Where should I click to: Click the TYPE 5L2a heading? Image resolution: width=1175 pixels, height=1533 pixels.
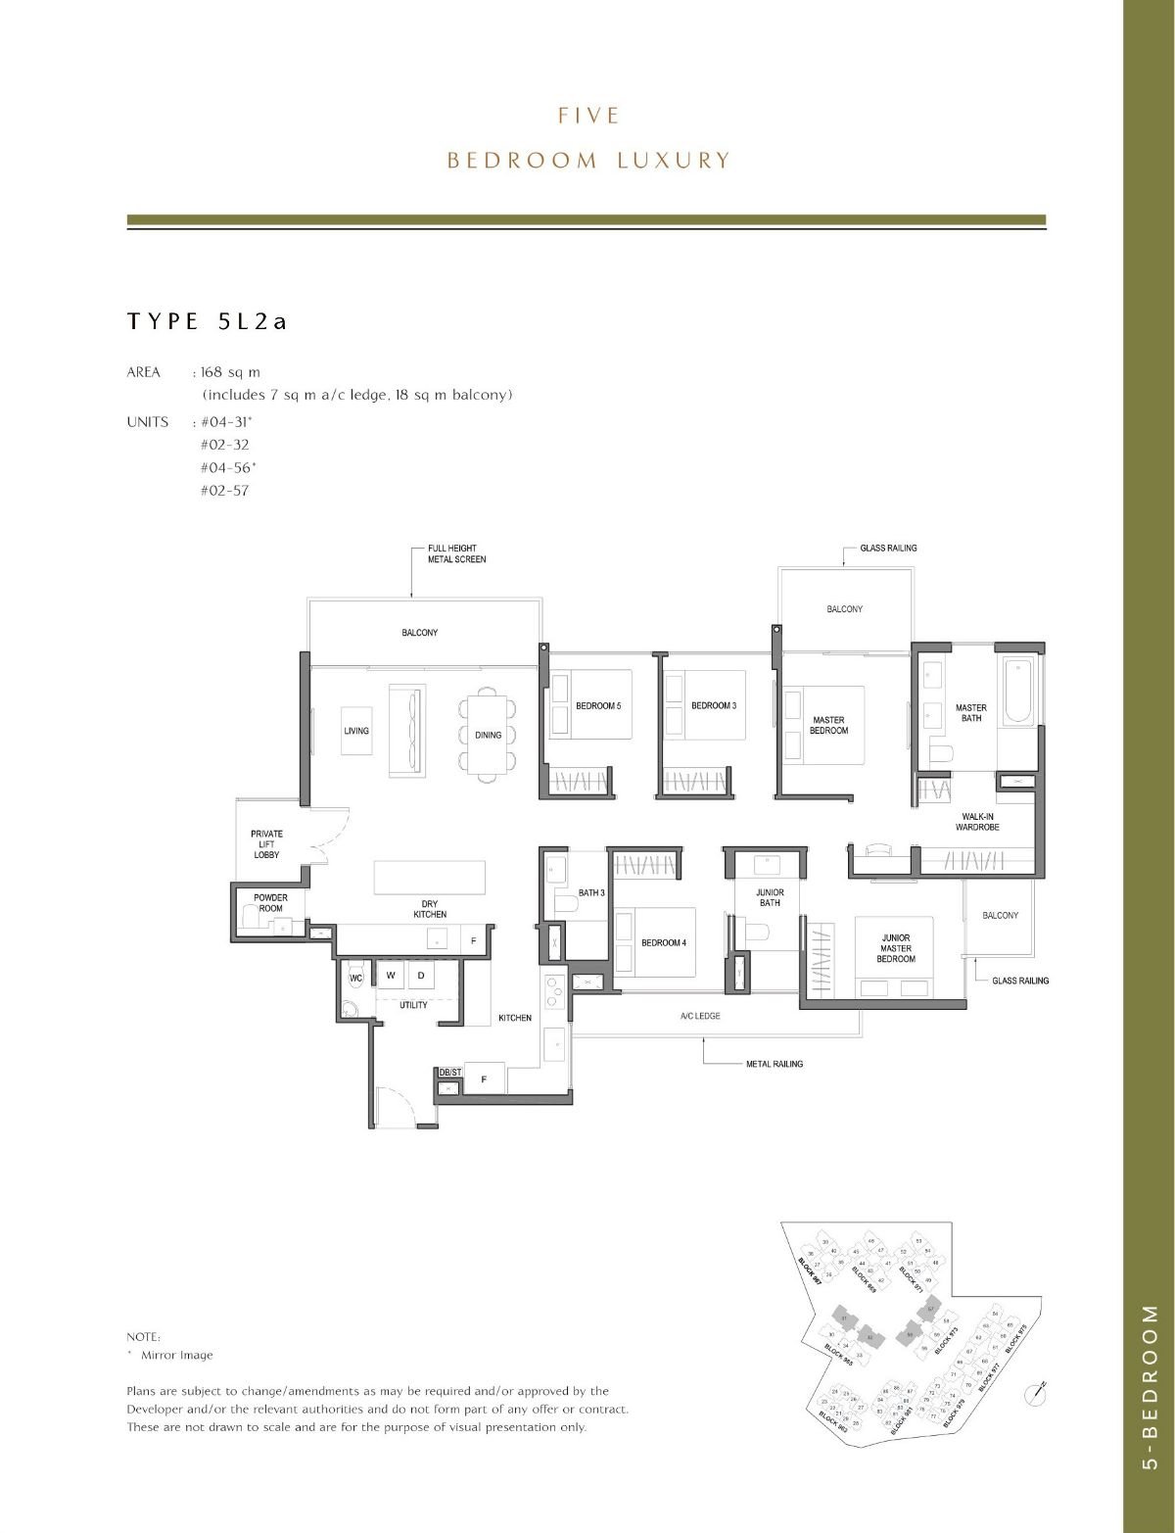(207, 321)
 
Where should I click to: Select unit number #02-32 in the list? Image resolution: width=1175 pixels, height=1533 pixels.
(225, 445)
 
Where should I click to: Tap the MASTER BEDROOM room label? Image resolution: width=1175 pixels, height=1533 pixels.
(828, 726)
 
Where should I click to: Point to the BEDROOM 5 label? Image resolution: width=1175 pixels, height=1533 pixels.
(598, 705)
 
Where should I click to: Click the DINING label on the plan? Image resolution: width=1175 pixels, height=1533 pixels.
(488, 735)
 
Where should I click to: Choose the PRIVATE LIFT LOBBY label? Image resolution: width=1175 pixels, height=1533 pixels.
(266, 844)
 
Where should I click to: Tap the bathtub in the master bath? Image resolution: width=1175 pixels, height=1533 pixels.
(1017, 692)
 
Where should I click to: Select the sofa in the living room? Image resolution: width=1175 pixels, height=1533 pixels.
(406, 719)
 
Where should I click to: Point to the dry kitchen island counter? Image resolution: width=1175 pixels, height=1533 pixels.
(430, 877)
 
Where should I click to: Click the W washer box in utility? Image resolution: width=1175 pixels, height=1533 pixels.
(390, 976)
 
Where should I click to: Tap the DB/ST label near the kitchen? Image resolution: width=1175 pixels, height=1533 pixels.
(449, 1073)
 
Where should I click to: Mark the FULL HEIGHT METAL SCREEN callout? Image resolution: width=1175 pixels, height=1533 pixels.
(456, 553)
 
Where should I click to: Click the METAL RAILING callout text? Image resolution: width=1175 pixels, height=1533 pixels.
(775, 1064)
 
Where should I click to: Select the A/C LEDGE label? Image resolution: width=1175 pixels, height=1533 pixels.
(700, 1016)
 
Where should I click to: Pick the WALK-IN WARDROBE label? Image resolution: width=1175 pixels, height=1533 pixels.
(977, 822)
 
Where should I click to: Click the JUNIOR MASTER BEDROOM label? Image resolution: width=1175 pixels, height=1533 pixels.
(895, 948)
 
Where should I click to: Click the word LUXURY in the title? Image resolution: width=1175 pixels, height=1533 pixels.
(674, 161)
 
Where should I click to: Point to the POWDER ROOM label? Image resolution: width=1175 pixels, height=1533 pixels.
(270, 903)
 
